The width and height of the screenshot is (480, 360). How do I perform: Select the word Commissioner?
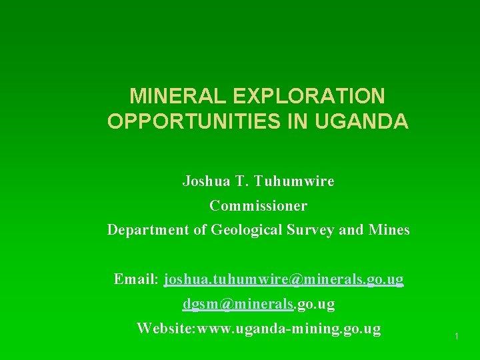[x=258, y=205]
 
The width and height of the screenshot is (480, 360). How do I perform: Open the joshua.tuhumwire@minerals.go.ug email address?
[x=283, y=279]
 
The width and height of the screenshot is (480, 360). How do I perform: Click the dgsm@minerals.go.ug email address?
[x=259, y=304]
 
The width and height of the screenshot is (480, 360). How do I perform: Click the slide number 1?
[x=456, y=337]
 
